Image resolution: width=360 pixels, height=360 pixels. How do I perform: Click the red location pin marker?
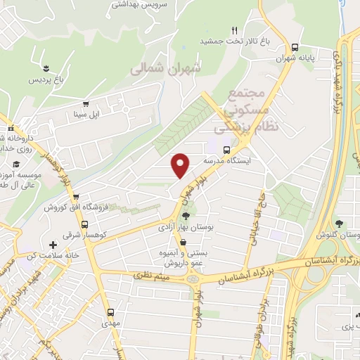(181, 165)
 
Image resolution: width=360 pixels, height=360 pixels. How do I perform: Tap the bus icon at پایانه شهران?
(296, 49)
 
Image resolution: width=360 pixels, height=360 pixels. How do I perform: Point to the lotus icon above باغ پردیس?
(46, 68)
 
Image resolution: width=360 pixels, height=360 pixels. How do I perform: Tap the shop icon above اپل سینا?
(86, 103)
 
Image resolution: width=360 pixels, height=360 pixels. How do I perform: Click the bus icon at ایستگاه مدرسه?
(226, 150)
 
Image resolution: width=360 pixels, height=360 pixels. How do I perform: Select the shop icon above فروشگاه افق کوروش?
(75, 198)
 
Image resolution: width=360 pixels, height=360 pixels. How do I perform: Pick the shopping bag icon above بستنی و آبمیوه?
(184, 241)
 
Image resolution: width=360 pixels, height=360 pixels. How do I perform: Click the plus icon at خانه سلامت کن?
(53, 245)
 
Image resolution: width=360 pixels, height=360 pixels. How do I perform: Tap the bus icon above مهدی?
(110, 311)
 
